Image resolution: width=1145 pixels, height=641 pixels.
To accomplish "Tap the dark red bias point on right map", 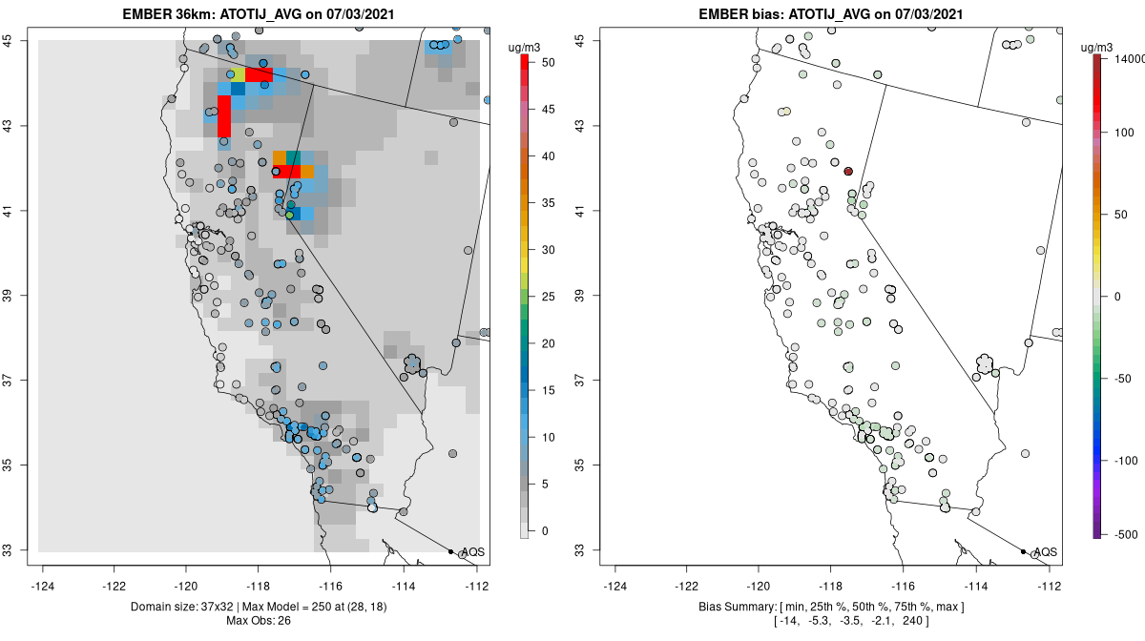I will pyautogui.click(x=847, y=171).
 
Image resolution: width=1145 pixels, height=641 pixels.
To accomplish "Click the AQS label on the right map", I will pyautogui.click(x=1046, y=552).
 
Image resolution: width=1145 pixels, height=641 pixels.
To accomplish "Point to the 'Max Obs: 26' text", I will pyautogui.click(x=262, y=621).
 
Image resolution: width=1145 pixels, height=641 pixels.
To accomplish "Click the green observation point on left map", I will pyautogui.click(x=290, y=215).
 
